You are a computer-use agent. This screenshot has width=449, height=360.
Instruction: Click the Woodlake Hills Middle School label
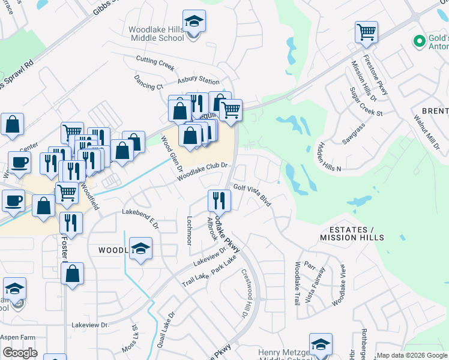pos(156,34)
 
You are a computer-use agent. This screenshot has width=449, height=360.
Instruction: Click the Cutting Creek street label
pos(155,61)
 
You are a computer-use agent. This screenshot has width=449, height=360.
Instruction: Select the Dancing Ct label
pos(148,82)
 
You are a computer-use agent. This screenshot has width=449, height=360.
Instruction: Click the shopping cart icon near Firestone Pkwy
pos(366,32)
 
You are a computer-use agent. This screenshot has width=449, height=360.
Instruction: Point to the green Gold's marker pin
pos(420,41)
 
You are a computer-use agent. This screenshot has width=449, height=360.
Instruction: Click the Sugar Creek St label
pos(366,101)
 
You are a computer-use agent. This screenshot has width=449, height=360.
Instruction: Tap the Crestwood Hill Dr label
pos(245,293)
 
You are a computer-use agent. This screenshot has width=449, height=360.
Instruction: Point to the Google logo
pos(20,353)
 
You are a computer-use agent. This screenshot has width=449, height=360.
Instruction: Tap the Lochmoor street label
pos(190,230)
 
